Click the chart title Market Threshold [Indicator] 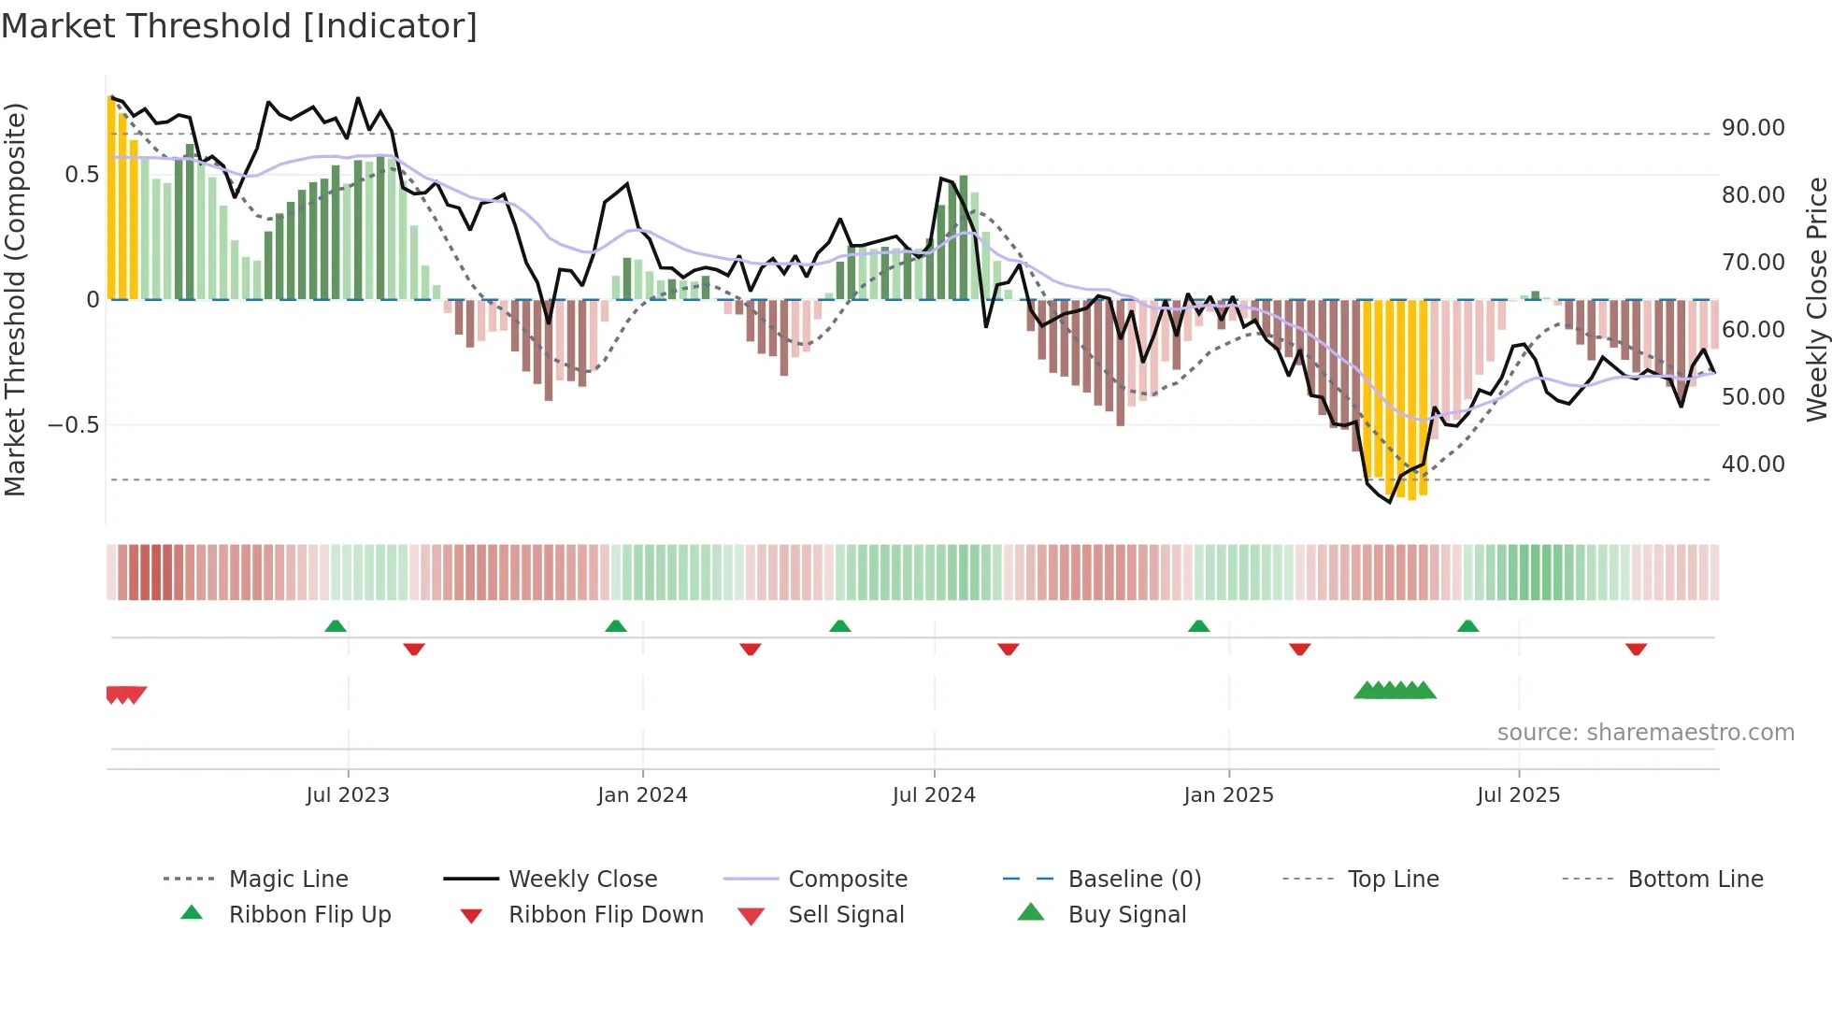point(239,26)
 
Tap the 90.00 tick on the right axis point(1753,128)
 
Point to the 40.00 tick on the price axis point(1753,465)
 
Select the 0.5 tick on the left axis point(81,175)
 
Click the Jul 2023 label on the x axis point(348,795)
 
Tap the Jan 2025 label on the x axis point(1228,795)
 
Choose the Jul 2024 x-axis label point(934,795)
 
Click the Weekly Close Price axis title point(1815,299)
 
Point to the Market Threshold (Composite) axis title point(15,299)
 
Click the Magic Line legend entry point(288,880)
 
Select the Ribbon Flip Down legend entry point(605,915)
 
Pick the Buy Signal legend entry point(1126,915)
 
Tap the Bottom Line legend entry point(1695,880)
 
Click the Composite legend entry point(847,880)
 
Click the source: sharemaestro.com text point(1645,733)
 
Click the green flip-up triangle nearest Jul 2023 point(336,626)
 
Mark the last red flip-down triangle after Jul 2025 point(1636,649)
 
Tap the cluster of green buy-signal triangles point(1395,691)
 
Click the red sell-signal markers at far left point(125,694)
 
